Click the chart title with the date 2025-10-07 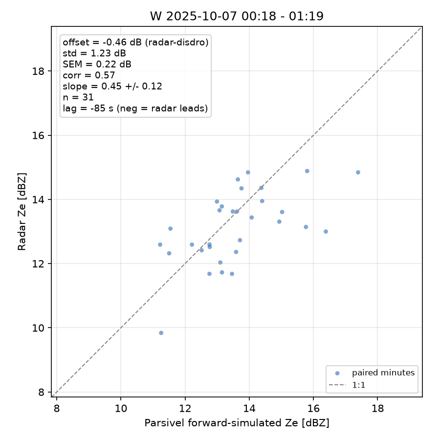point(237,16)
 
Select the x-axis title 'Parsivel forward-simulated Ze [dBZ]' point(237,423)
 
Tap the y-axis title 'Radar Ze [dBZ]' point(22,212)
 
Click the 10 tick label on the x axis point(121,409)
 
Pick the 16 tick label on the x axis point(313,409)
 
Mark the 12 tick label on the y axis point(38,264)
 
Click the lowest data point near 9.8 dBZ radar point(161,333)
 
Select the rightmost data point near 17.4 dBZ point(358,172)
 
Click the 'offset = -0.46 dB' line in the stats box point(135,43)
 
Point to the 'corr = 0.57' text point(88,75)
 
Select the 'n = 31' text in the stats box point(78,97)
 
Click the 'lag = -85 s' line point(135,109)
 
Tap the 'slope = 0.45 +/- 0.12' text point(112,86)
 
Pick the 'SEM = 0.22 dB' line point(97,64)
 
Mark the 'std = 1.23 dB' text point(94,53)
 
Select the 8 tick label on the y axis point(42,392)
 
